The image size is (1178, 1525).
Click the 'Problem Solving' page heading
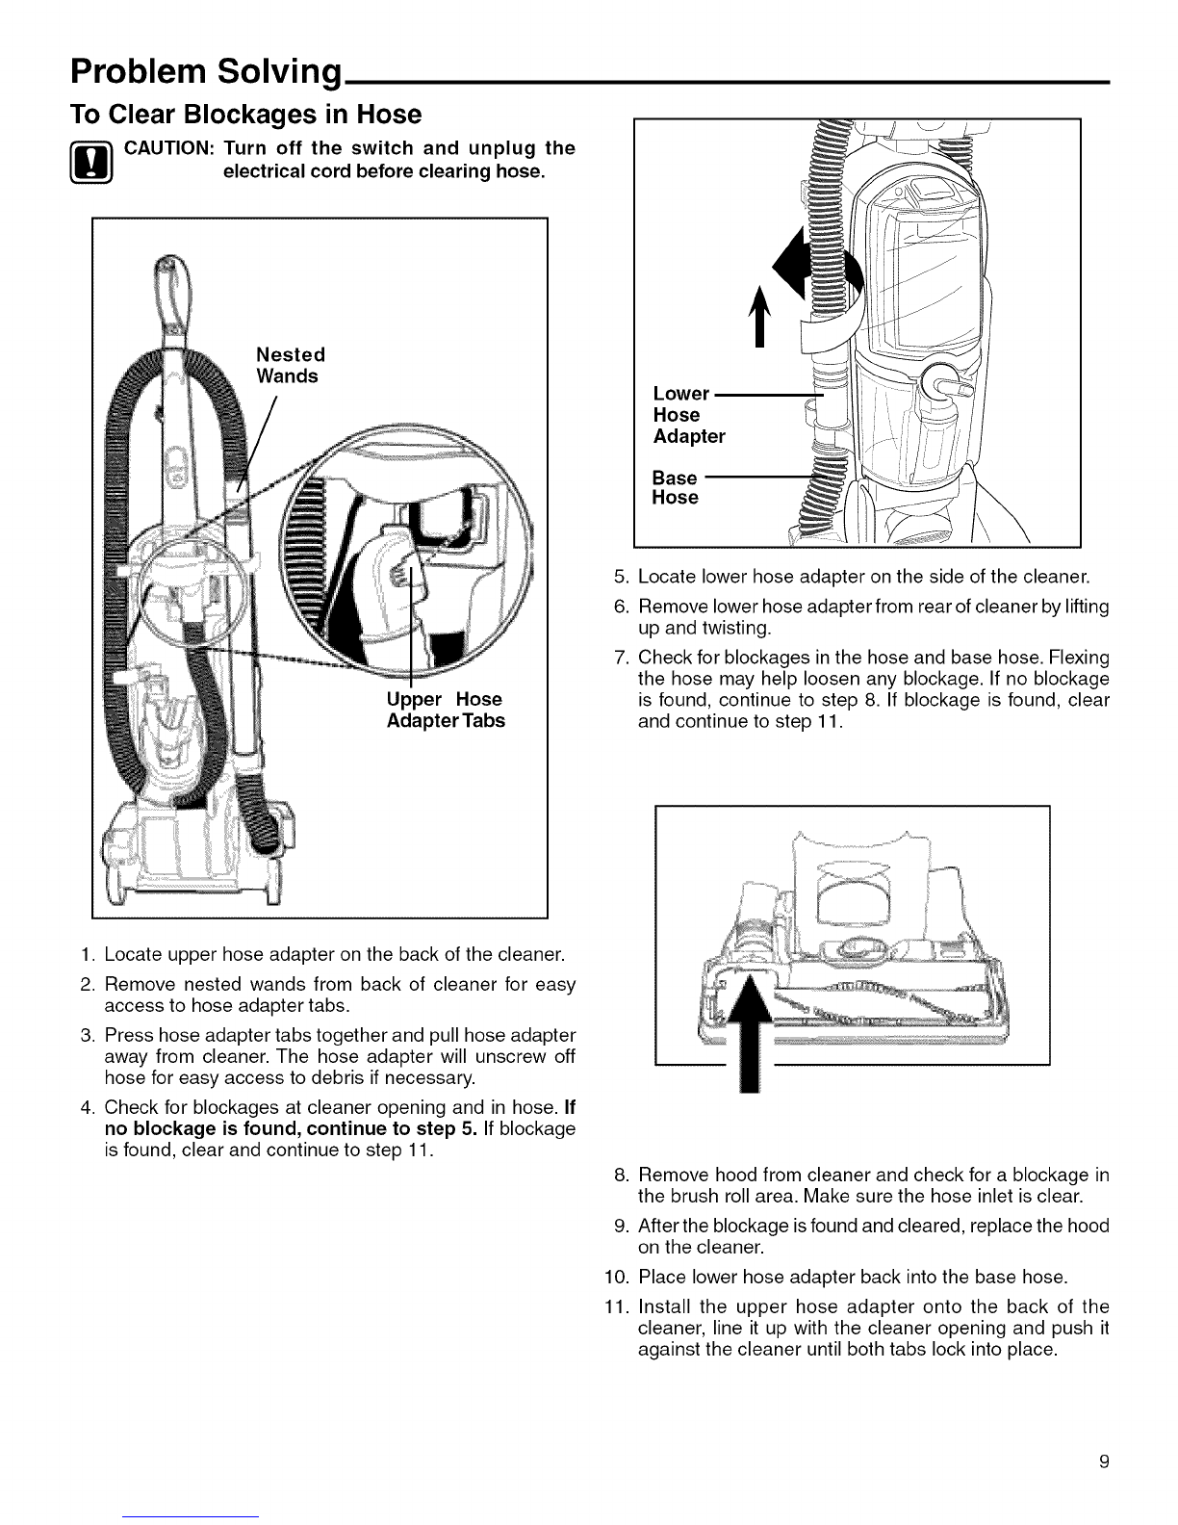(x=206, y=72)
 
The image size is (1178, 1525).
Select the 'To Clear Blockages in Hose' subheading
(x=245, y=115)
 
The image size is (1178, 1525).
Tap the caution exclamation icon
(x=91, y=163)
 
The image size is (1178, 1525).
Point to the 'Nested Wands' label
(x=291, y=365)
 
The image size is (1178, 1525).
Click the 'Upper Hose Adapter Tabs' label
(x=446, y=710)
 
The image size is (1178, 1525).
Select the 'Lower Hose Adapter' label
(x=688, y=415)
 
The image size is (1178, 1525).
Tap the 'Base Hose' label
(x=675, y=488)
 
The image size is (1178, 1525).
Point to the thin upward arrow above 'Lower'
(x=759, y=317)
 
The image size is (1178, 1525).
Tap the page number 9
(x=1104, y=1461)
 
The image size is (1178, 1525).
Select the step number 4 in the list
(x=87, y=1107)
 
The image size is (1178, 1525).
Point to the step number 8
(x=621, y=1175)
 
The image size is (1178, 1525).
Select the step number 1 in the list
(x=87, y=954)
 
